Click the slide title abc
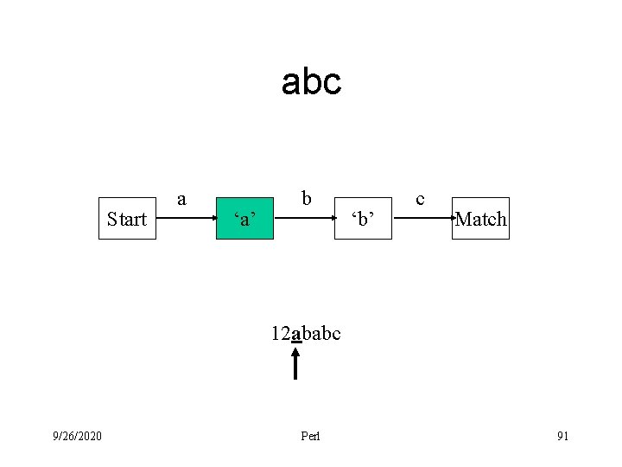(311, 82)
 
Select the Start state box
(127, 219)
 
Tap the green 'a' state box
(244, 219)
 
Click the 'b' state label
(362, 219)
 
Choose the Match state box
(480, 219)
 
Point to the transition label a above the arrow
(181, 199)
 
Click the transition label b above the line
(306, 199)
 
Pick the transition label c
(420, 199)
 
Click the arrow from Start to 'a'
(186, 219)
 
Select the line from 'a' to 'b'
(303, 219)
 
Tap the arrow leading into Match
(423, 219)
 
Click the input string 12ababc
(306, 333)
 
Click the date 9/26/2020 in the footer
(77, 436)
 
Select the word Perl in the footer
(310, 436)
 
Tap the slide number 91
(562, 436)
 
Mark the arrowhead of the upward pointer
(295, 351)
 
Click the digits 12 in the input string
(281, 333)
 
